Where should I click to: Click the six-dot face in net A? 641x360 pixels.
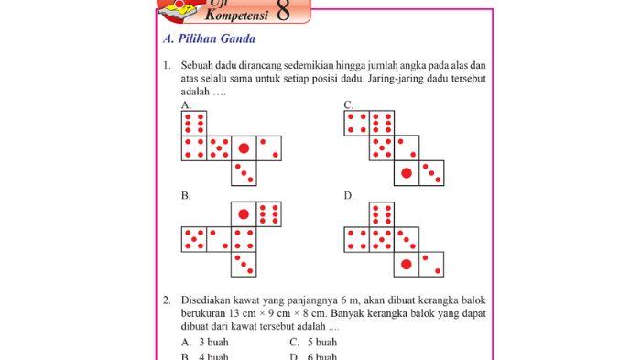(x=194, y=124)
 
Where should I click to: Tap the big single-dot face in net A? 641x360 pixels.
(x=244, y=148)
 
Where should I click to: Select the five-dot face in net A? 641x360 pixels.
(x=219, y=148)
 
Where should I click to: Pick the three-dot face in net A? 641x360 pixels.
(x=244, y=172)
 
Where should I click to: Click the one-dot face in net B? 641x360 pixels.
(x=244, y=214)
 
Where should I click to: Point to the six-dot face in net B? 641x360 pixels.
(x=268, y=214)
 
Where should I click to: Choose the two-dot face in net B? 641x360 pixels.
(x=219, y=239)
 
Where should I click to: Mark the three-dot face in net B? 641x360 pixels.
(x=244, y=264)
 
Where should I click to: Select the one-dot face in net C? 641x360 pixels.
(x=406, y=172)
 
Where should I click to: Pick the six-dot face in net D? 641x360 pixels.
(x=382, y=215)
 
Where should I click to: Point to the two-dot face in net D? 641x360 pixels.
(x=430, y=265)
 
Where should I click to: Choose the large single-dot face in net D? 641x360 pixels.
(x=406, y=265)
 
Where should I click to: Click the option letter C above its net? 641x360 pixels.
(x=348, y=105)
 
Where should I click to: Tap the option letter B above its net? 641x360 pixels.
(x=186, y=196)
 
